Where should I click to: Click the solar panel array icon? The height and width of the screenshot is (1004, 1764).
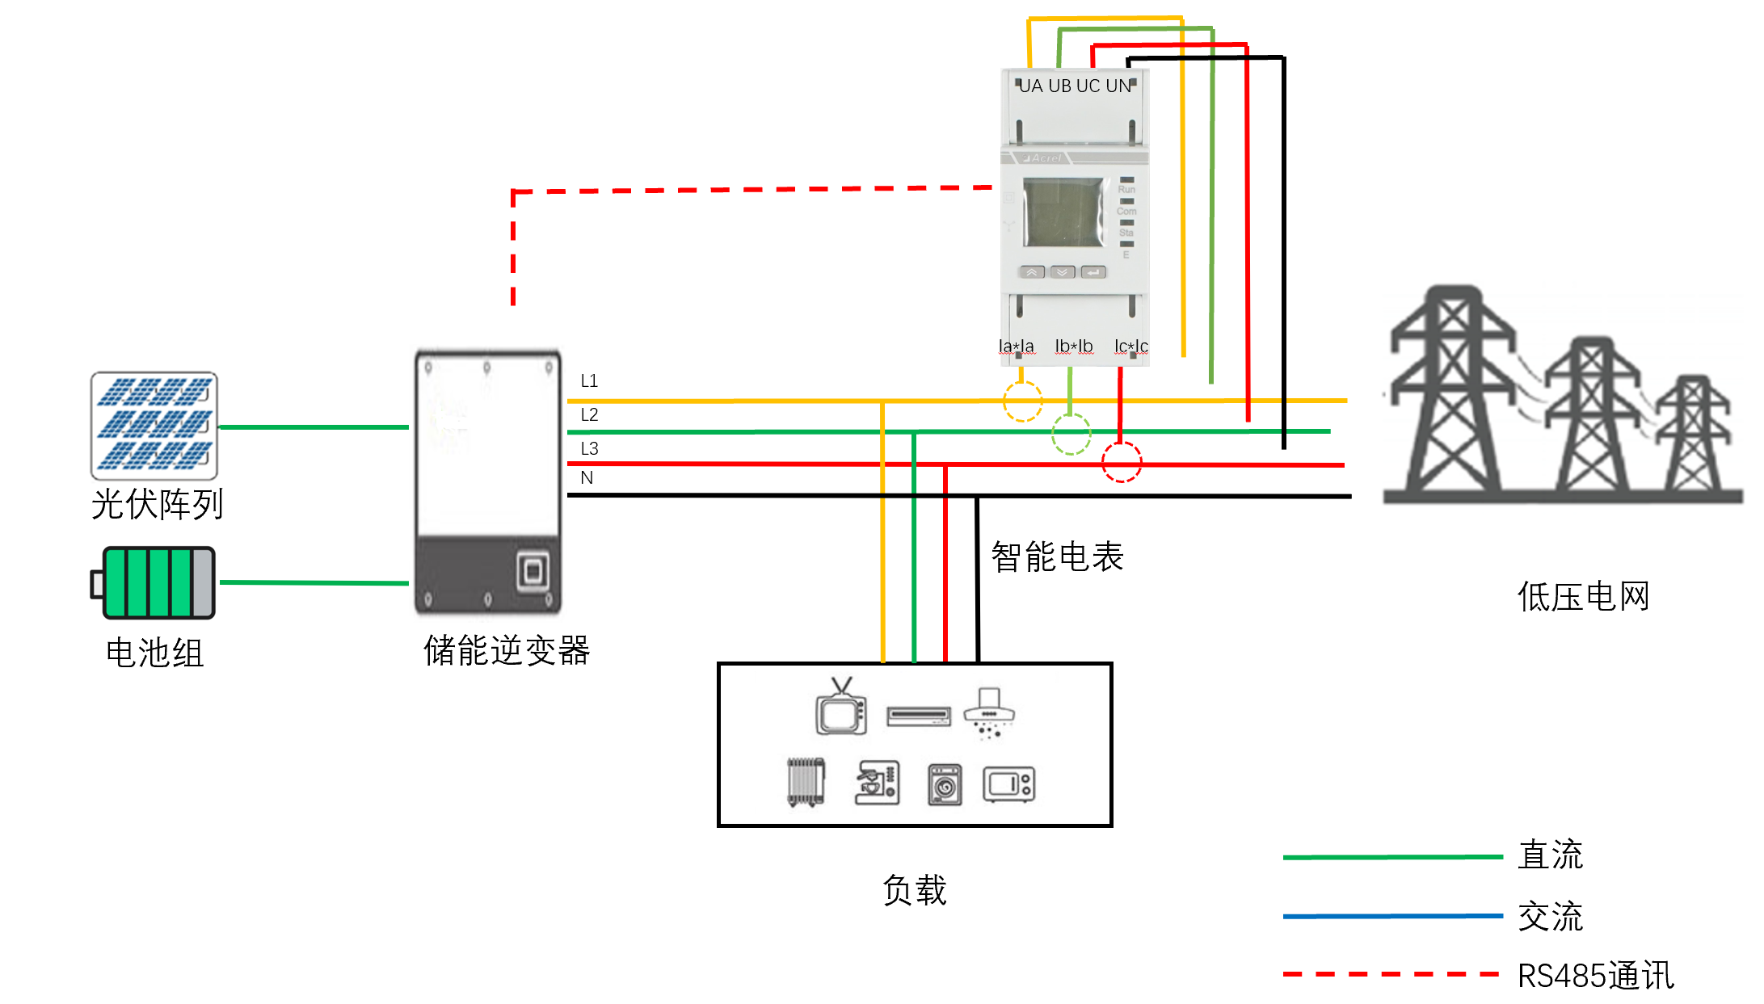pyautogui.click(x=154, y=425)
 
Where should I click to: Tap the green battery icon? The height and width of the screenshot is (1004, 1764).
pyautogui.click(x=154, y=582)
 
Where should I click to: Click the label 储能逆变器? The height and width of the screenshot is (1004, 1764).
pyautogui.click(x=507, y=651)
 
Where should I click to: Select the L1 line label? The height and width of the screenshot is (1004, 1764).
pyautogui.click(x=589, y=380)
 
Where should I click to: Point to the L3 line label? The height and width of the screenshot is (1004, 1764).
pyautogui.click(x=589, y=448)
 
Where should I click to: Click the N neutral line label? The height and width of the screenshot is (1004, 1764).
pyautogui.click(x=587, y=477)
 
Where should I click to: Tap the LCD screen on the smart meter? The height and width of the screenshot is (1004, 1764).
pyautogui.click(x=1063, y=212)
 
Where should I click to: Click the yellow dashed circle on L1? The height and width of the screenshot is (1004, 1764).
pyautogui.click(x=1022, y=401)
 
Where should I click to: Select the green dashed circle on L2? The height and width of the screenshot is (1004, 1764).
pyautogui.click(x=1071, y=435)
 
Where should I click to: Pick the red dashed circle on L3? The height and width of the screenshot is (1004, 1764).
pyautogui.click(x=1122, y=462)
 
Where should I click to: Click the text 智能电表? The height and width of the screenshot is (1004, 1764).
pyautogui.click(x=1057, y=557)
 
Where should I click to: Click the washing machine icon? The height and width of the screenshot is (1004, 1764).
pyautogui.click(x=945, y=784)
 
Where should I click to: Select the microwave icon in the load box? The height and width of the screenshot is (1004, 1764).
pyautogui.click(x=1008, y=783)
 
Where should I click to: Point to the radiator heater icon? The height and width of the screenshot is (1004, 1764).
pyautogui.click(x=806, y=782)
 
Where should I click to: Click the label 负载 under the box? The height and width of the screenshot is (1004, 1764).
pyautogui.click(x=915, y=890)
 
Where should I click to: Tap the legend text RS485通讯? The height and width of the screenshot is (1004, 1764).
pyautogui.click(x=1595, y=976)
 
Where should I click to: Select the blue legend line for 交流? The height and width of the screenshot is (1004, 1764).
pyautogui.click(x=1392, y=916)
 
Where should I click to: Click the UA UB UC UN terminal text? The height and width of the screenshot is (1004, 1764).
pyautogui.click(x=1075, y=86)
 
